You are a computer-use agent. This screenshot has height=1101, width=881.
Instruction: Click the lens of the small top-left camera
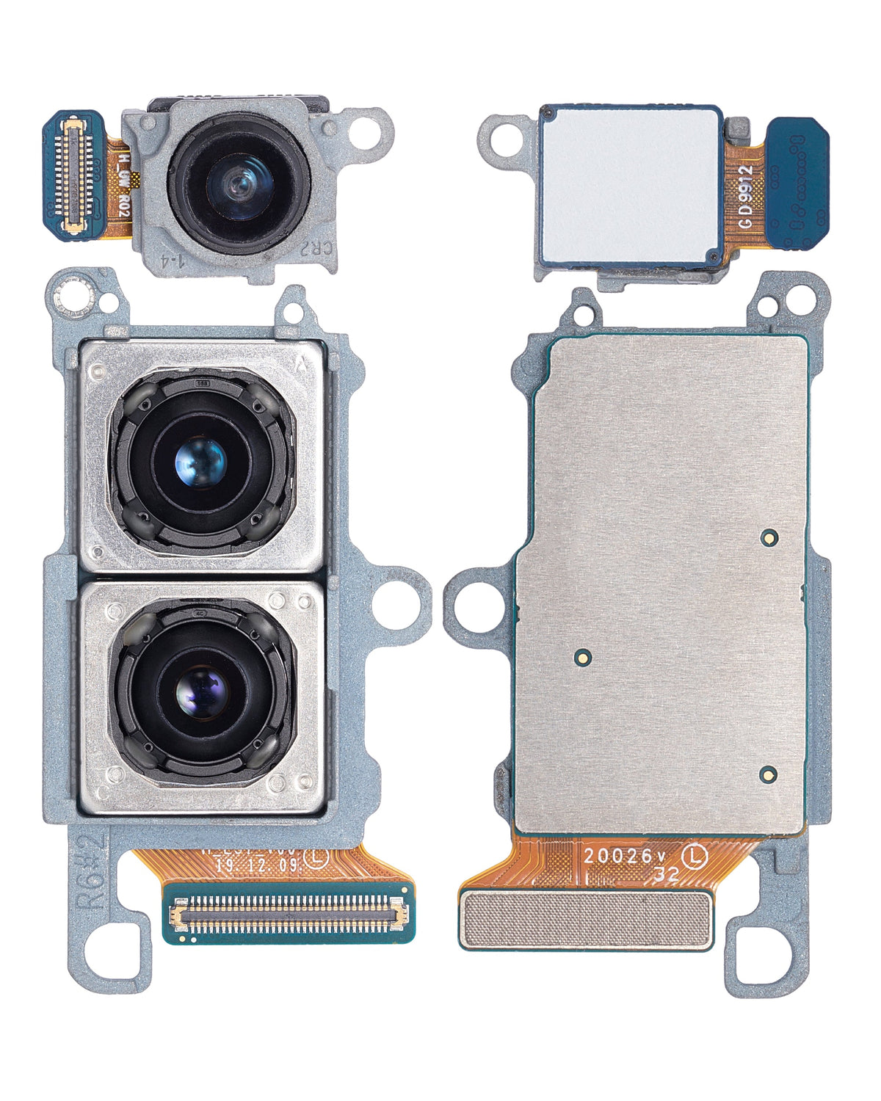pyautogui.click(x=239, y=182)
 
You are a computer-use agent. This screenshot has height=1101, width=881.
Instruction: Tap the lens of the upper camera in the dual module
pyautogui.click(x=200, y=462)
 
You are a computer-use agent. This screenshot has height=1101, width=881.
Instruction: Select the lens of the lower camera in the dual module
pyautogui.click(x=202, y=691)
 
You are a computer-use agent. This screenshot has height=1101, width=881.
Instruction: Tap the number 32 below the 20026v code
pyautogui.click(x=666, y=875)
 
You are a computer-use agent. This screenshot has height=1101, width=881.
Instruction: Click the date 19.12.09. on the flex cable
pyautogui.click(x=257, y=865)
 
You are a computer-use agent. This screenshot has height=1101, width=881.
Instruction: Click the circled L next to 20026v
pyautogui.click(x=695, y=856)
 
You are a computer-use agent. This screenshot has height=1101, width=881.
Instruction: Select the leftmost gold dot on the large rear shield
pyautogui.click(x=582, y=656)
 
